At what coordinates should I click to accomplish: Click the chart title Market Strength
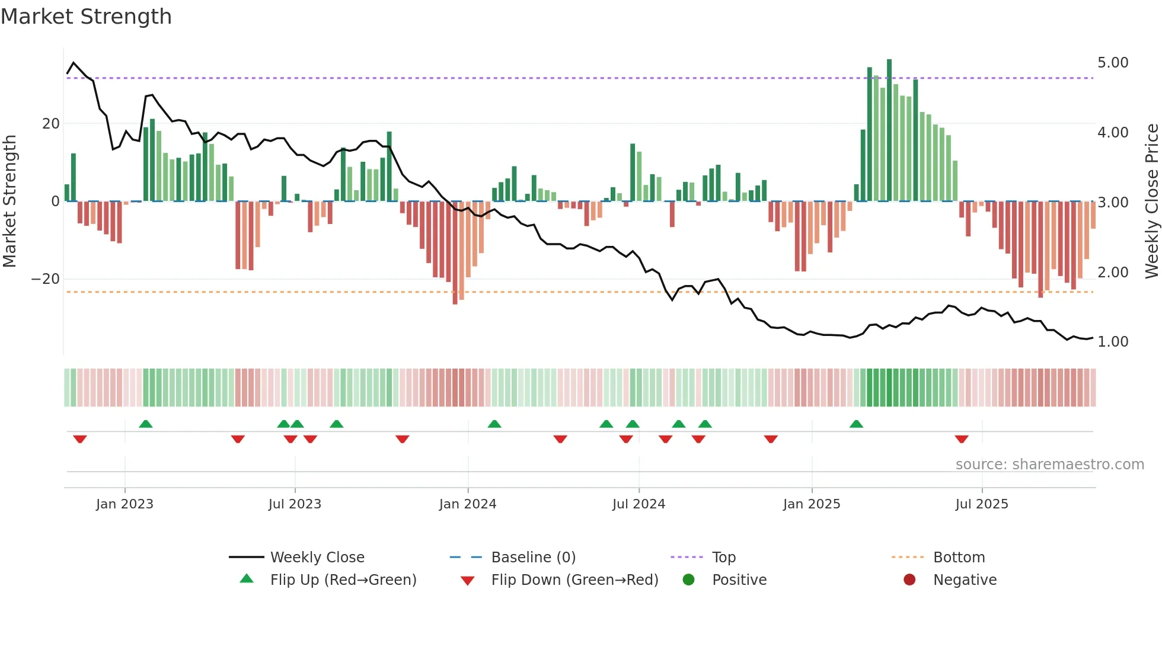pos(86,17)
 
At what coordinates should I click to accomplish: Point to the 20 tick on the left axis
pos(51,124)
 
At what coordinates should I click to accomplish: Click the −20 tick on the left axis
pos(46,279)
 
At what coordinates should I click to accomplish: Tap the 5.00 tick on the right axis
pos(1113,63)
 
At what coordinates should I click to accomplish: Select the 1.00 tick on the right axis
pos(1113,342)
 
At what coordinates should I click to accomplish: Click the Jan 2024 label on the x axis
pos(468,504)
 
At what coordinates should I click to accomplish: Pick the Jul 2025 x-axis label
pos(982,504)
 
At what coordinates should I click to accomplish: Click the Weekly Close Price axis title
pos(1151,201)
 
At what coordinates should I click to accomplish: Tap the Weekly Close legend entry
pos(317,558)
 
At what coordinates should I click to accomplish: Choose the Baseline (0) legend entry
pos(533,558)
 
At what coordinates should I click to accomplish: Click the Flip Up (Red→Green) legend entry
pos(343,580)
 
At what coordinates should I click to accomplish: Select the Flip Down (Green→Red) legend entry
pos(574,580)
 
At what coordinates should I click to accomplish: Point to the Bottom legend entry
pos(959,558)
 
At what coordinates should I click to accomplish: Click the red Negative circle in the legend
pos(909,580)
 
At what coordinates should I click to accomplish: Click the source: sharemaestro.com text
pos(1049,465)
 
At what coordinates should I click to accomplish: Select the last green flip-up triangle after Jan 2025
pos(856,424)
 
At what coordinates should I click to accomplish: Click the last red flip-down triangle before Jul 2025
pos(962,439)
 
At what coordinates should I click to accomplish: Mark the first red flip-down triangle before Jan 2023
pos(80,439)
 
